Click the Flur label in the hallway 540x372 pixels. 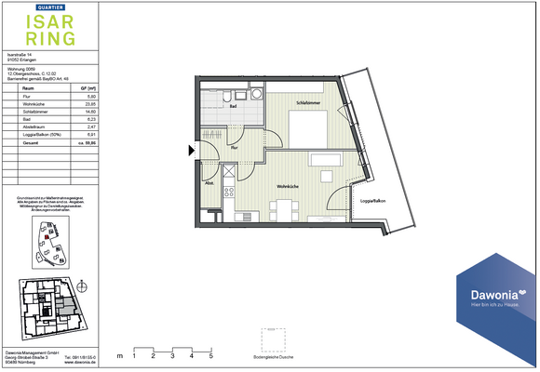tap(235, 148)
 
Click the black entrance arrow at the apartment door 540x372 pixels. tap(193, 150)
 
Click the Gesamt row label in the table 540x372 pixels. tap(17, 143)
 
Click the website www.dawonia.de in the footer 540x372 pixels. tap(80, 362)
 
